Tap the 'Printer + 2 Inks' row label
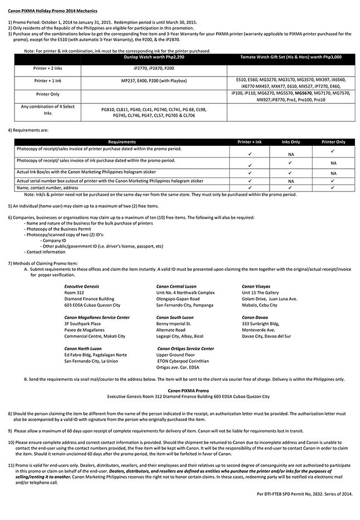click(47, 68)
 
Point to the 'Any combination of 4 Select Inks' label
click(47, 109)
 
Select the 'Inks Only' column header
click(290, 142)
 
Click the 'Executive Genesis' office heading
click(81, 286)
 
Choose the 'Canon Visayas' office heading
click(256, 286)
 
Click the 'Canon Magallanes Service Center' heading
click(97, 317)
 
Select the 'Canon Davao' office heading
click(255, 317)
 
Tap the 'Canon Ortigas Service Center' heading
click(186, 349)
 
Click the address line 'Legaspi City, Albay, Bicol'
click(180, 336)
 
